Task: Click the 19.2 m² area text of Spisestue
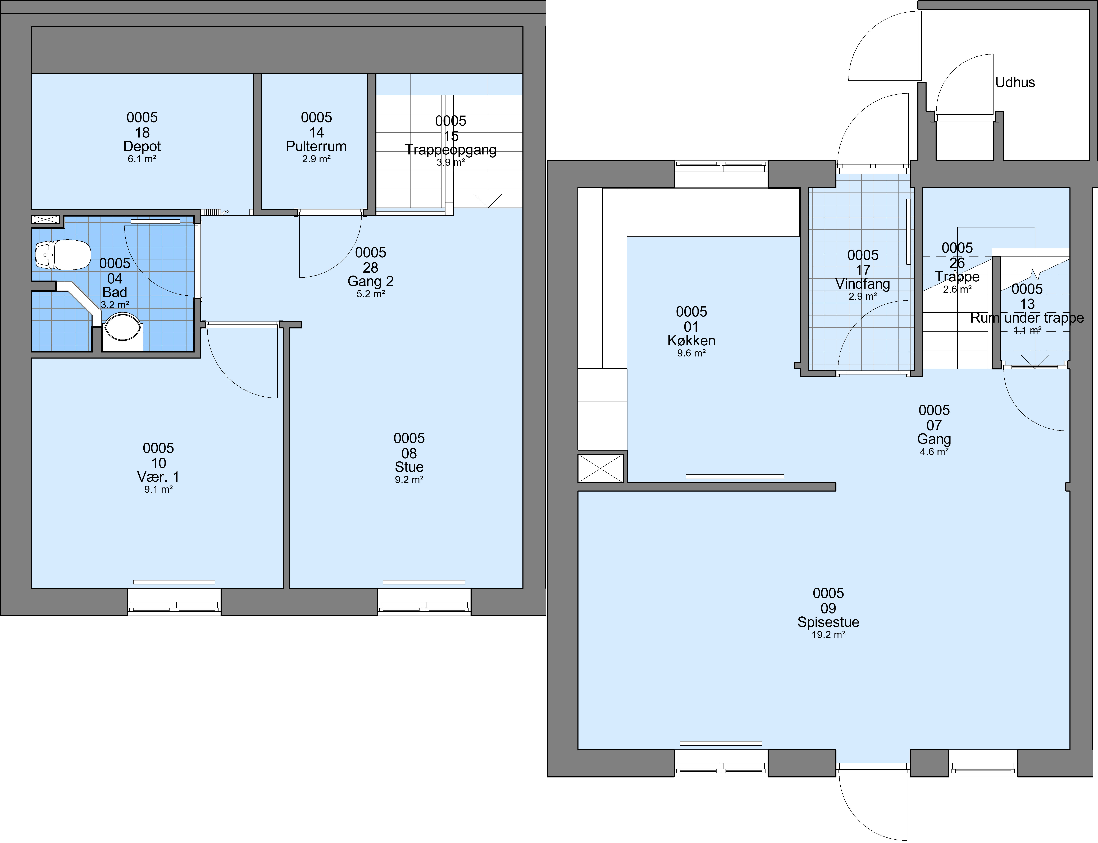point(828,635)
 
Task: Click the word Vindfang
point(863,284)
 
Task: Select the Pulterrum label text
point(316,146)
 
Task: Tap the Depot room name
point(142,146)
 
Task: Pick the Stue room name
point(409,467)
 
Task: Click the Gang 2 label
point(370,281)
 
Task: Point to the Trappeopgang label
point(451,150)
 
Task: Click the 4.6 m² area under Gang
point(934,452)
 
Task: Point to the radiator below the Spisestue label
point(721,743)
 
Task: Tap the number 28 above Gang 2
point(370,267)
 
